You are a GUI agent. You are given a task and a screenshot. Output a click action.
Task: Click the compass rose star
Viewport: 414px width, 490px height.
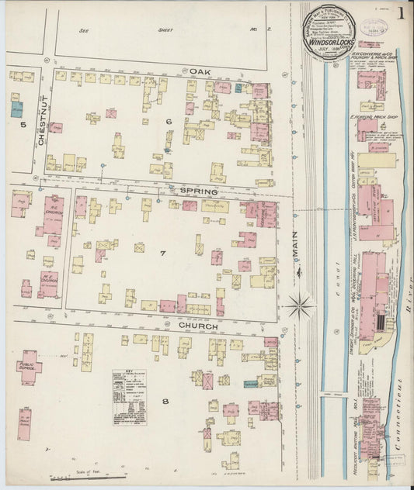[x=299, y=305]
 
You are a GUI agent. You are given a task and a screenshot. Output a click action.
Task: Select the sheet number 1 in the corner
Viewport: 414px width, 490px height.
[x=400, y=15]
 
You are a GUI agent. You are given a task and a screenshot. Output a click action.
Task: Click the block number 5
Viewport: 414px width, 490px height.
[x=23, y=124]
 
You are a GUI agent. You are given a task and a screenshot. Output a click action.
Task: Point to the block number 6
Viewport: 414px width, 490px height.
[x=167, y=122]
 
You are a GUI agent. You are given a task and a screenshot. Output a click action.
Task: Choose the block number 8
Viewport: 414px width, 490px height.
[x=165, y=401]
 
